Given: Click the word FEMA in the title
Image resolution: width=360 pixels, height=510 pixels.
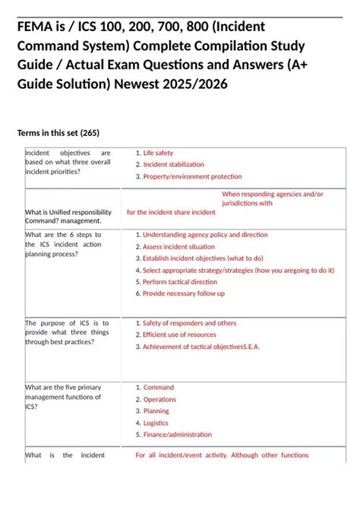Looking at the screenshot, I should (35, 28).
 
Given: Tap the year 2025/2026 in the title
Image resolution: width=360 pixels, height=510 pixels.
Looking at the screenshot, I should (192, 83).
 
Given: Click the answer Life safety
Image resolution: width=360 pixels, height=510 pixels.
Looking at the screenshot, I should (158, 153).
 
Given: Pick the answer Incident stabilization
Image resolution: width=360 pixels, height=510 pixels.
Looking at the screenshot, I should (173, 164).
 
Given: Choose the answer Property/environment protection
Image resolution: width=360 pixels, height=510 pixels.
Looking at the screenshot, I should (192, 176).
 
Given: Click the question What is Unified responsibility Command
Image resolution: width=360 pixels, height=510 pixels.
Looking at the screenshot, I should (68, 216).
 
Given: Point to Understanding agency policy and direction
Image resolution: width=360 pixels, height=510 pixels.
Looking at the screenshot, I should (205, 235).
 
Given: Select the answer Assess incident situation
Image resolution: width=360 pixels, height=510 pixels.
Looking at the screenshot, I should (178, 247).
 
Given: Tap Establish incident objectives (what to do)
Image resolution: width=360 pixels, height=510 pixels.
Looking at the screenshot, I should (203, 258).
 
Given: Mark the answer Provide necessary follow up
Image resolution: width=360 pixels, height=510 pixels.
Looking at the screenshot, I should (184, 293).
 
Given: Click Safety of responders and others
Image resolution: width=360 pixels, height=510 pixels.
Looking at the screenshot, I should (189, 323).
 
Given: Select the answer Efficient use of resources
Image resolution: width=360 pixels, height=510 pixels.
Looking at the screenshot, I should (179, 334).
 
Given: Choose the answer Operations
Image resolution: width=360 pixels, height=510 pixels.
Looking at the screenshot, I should (159, 399).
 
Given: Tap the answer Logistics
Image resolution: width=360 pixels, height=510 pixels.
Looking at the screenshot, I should (156, 423).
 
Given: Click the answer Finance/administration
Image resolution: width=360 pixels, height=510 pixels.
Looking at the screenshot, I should (177, 435).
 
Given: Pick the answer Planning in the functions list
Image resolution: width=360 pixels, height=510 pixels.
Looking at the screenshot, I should (156, 411).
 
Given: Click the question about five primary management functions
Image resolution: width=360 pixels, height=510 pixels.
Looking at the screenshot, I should (63, 396).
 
